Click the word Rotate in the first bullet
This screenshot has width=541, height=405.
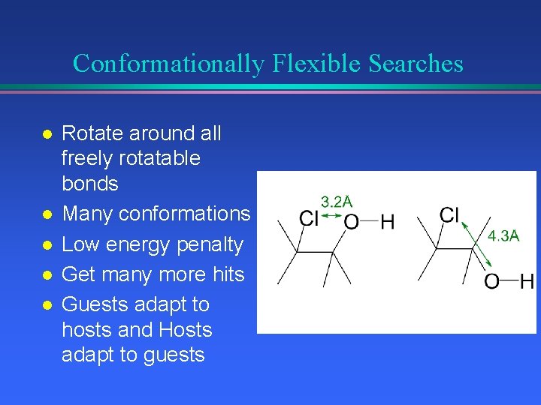(x=92, y=134)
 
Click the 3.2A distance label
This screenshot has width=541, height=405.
(x=337, y=201)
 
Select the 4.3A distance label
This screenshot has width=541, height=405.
(x=503, y=235)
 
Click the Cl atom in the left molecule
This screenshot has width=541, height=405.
(x=309, y=219)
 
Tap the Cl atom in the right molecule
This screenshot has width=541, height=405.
(x=449, y=215)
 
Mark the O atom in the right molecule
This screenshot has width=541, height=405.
(x=492, y=282)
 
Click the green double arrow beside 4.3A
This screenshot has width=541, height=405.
(x=476, y=243)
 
